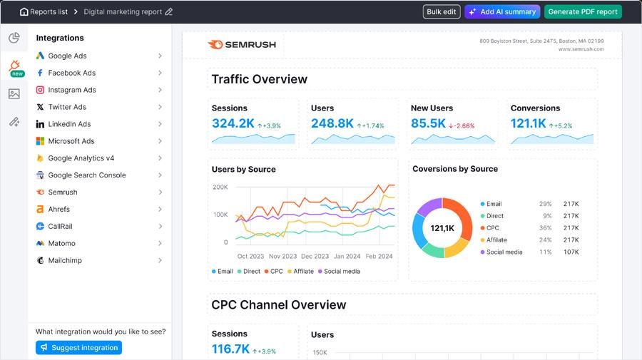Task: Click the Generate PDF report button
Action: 583,12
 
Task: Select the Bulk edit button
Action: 442,12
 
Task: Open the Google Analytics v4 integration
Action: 81,158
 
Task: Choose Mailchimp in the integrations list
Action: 65,261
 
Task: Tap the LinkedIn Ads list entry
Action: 69,124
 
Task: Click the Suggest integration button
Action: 78,348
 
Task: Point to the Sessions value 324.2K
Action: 233,123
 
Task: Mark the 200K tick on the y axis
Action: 220,187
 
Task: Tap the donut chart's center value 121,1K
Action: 442,228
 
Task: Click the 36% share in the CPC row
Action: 546,228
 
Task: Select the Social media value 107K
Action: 571,252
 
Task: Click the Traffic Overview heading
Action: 259,79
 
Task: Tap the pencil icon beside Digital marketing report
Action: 169,12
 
